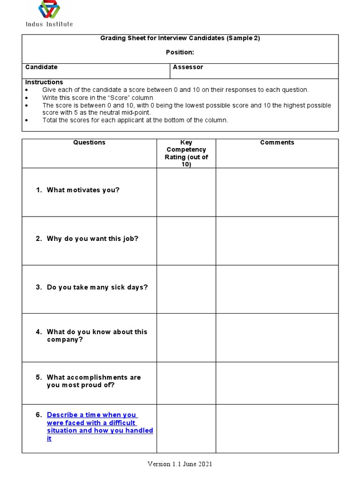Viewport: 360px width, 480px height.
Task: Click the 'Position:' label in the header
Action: click(180, 52)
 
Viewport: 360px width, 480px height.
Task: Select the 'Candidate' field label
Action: click(41, 67)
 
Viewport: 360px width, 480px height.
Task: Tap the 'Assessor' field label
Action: click(188, 67)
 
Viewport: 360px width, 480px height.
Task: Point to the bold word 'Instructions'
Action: click(44, 82)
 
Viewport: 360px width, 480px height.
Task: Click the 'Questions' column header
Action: click(89, 142)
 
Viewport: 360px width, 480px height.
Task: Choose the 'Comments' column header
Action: click(277, 142)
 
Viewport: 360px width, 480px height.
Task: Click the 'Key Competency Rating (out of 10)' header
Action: click(186, 153)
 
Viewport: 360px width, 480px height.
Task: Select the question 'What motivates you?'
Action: click(83, 190)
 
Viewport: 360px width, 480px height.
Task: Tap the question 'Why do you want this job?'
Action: click(92, 239)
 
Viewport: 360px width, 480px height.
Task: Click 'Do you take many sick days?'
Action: click(97, 287)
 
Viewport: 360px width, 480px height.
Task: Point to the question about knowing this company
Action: click(97, 336)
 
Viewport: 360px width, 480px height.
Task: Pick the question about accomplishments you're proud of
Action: click(94, 381)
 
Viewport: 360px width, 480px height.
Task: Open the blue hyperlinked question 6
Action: click(99, 427)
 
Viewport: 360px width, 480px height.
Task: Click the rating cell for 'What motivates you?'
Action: click(186, 192)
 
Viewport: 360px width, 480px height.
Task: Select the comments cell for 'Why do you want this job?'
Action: click(277, 241)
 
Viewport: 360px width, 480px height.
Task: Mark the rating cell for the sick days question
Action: click(186, 289)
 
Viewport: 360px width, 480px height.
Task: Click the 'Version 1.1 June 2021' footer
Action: click(180, 464)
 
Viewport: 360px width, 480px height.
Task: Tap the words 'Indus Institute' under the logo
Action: click(49, 24)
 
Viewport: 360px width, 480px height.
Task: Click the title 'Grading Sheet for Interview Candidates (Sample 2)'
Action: click(180, 38)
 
